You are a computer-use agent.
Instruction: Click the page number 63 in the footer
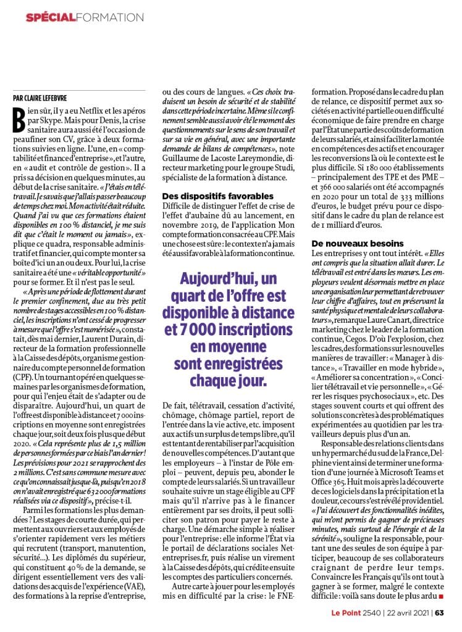tap(439, 613)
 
